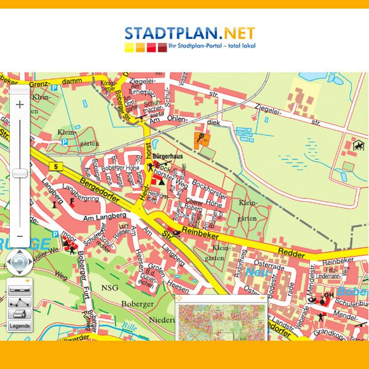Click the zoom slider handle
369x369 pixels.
click(20, 173)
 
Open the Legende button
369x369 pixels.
click(19, 325)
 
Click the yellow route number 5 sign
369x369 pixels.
click(56, 167)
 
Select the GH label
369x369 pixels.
click(328, 295)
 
